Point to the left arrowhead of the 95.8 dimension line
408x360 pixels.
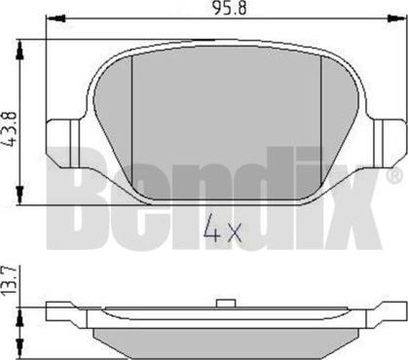(51, 20)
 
